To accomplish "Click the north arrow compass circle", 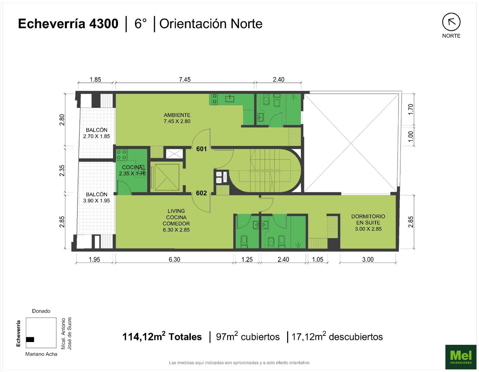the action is click(451, 22).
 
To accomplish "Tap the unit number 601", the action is click(202, 149).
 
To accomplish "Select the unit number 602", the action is click(201, 193).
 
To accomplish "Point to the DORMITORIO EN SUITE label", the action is click(368, 223).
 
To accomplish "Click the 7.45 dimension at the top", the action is click(185, 80).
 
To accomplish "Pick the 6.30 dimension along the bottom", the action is click(174, 259).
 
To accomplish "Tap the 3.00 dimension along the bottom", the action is click(368, 259).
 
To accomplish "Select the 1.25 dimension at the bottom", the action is click(247, 259).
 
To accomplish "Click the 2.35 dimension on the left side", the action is click(62, 170).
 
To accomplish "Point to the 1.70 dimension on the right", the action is click(410, 109).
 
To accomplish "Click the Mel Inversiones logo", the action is click(461, 357).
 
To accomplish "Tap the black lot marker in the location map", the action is click(30, 339).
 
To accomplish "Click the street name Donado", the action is click(41, 311).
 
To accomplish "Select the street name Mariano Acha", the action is click(41, 354).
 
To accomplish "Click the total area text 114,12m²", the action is click(144, 336).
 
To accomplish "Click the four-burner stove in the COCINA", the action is click(121, 155).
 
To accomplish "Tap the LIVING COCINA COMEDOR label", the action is click(176, 220).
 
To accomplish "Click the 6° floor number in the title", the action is click(140, 24).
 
